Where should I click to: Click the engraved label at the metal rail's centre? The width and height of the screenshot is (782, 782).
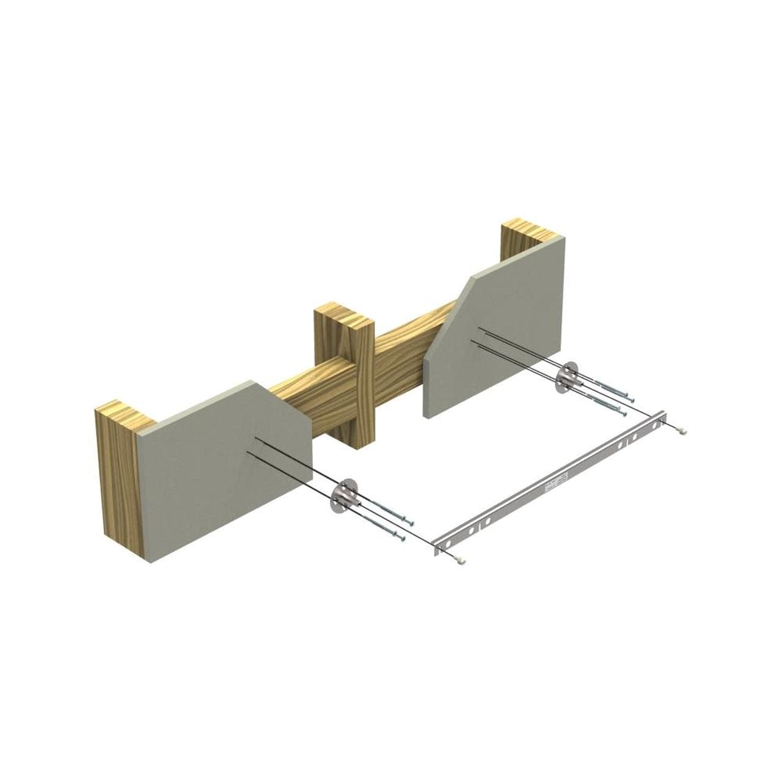(x=555, y=486)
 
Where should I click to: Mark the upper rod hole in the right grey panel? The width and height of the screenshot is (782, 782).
(x=480, y=330)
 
